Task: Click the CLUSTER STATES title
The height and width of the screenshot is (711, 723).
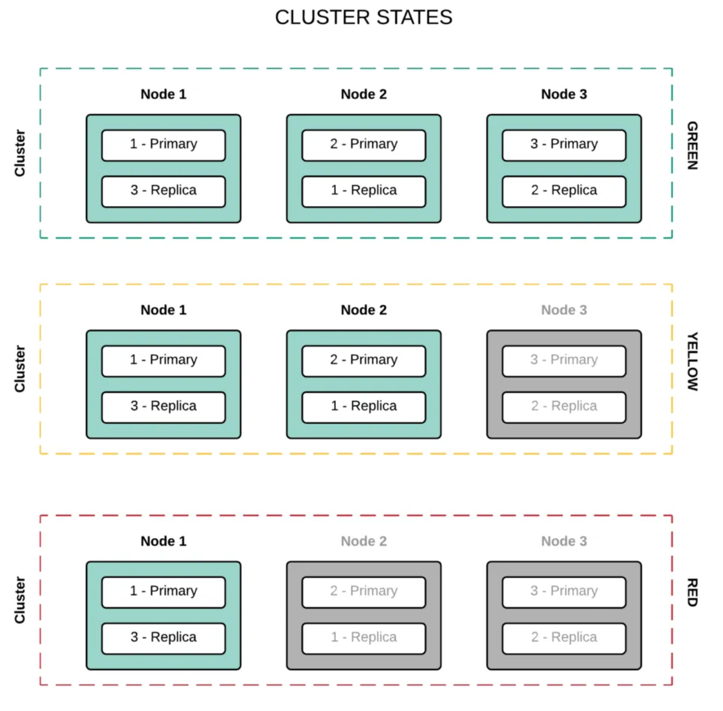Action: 364,17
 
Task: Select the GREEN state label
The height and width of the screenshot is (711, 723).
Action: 692,146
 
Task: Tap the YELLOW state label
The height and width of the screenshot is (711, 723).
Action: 692,362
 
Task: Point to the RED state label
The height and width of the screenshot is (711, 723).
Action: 692,592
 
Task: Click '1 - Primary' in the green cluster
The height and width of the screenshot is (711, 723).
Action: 163,144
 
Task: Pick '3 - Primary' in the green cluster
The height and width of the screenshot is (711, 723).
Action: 564,144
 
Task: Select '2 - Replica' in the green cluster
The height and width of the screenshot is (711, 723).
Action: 564,191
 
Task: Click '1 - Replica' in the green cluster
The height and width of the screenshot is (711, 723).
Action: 364,191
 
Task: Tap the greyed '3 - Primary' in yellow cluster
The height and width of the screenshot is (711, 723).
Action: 564,360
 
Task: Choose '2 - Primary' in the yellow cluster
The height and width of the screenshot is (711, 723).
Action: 364,360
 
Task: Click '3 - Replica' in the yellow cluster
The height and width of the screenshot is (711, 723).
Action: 163,407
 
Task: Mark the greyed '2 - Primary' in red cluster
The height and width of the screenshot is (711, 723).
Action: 364,591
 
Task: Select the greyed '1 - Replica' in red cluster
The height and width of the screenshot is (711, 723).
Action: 364,638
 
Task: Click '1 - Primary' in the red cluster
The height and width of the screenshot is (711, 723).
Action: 163,591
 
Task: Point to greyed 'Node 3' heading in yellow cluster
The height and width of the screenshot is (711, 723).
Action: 564,310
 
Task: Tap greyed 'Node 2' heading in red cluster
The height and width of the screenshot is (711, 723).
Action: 364,541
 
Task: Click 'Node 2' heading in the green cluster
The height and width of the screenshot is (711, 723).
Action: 364,94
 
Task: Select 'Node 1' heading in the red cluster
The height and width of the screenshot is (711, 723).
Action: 163,541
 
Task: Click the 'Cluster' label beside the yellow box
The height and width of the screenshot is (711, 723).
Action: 20,369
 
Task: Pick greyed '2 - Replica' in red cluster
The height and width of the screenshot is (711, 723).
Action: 564,638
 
